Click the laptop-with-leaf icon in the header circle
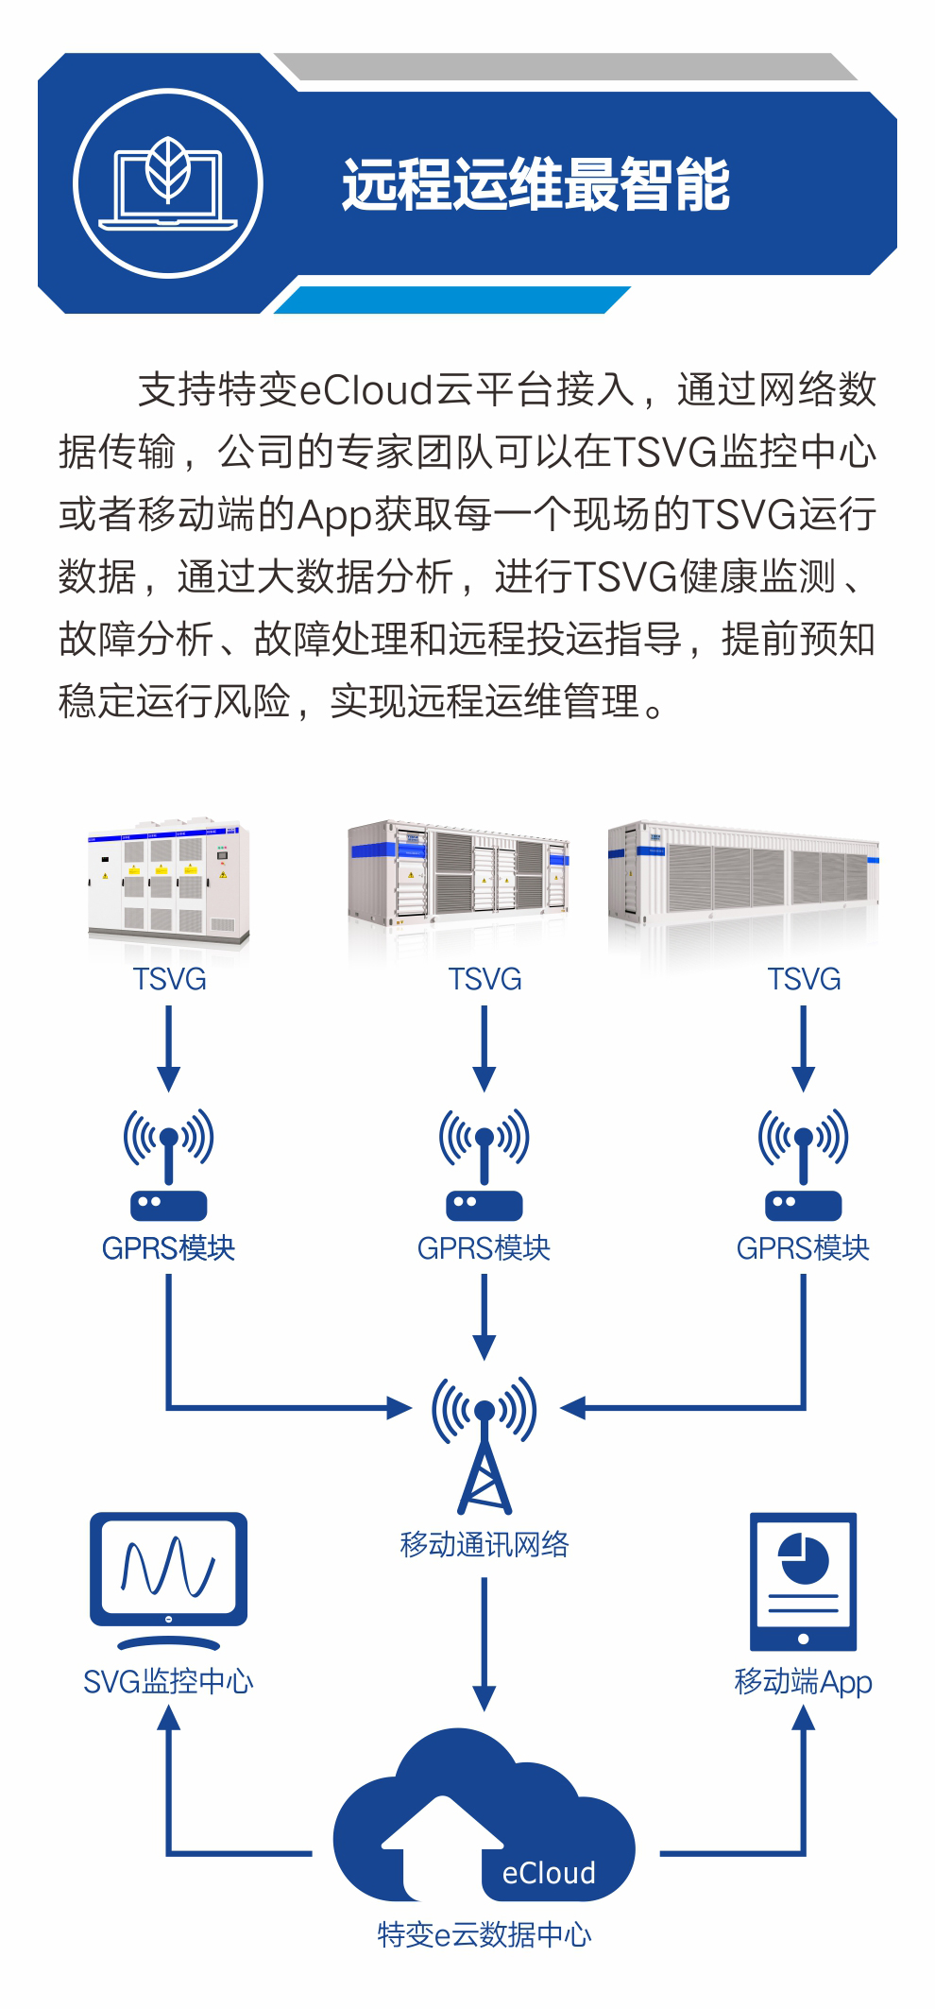168,184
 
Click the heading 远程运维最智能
535,184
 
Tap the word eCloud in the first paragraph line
365,390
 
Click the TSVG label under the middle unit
484,979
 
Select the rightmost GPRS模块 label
803,1248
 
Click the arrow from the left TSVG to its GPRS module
168,1049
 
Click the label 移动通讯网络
484,1545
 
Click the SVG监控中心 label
168,1682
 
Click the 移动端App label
803,1682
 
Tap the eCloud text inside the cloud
549,1873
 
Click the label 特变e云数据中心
484,1934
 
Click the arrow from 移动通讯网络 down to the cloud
484,1644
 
